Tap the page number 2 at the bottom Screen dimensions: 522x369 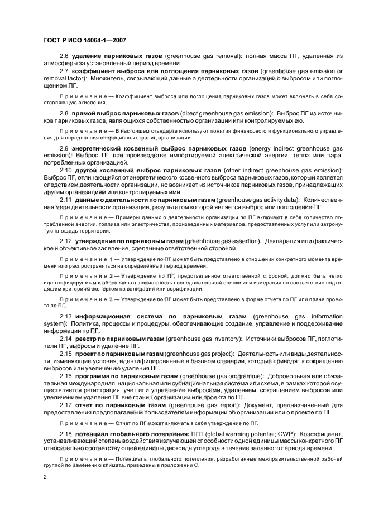point(45,477)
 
